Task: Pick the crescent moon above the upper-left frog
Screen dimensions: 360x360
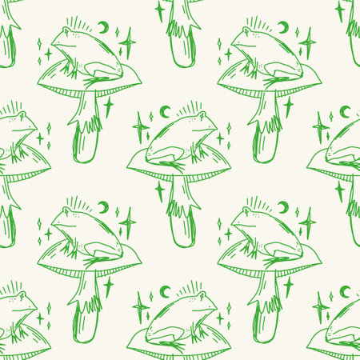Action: pos(103,27)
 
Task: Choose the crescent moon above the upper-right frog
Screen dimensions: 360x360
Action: pos(283,27)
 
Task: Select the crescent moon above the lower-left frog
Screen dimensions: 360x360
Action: pos(103,207)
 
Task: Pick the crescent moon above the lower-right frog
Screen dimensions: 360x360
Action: pos(283,207)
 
